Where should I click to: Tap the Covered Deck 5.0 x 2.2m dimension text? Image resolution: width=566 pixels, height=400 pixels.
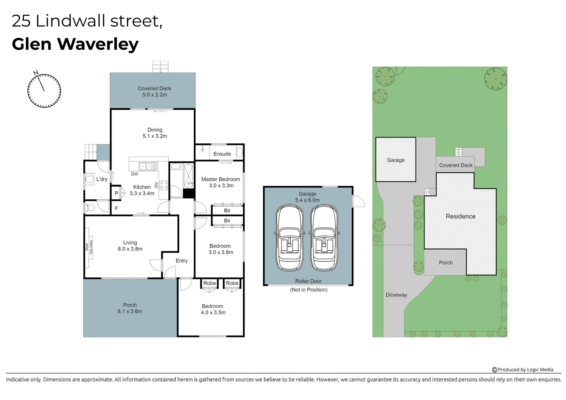[x=154, y=95]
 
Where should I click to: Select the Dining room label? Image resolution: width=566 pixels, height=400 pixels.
[x=155, y=130]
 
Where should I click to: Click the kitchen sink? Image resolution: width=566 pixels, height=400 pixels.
[x=145, y=166]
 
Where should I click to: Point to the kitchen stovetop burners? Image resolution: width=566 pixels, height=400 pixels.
[x=164, y=185]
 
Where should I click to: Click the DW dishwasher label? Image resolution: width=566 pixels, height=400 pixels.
[x=134, y=174]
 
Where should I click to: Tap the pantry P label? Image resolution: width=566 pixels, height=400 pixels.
[x=116, y=193]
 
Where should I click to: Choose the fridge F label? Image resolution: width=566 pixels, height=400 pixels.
[x=116, y=209]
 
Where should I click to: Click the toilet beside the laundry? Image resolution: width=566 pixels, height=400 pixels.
[x=89, y=208]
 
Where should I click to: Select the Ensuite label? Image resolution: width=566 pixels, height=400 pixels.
[x=222, y=154]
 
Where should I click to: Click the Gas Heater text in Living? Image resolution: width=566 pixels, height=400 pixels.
[x=91, y=247]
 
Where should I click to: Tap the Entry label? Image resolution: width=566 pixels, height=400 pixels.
[x=182, y=261]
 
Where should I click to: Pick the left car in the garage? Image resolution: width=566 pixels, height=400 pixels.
[x=290, y=237]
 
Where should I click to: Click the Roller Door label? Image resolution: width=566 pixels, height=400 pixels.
[x=308, y=281]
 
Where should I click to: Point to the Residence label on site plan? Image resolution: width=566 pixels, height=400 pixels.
[x=460, y=216]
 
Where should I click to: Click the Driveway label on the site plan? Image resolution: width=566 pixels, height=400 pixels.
[x=396, y=295]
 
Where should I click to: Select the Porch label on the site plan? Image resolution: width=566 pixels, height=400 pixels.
[x=446, y=263]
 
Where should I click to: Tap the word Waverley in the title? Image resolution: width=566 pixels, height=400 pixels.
[x=98, y=44]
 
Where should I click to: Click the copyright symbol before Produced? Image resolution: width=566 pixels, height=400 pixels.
[x=495, y=370]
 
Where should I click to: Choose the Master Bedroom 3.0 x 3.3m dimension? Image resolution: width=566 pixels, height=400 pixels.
[x=222, y=186]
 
